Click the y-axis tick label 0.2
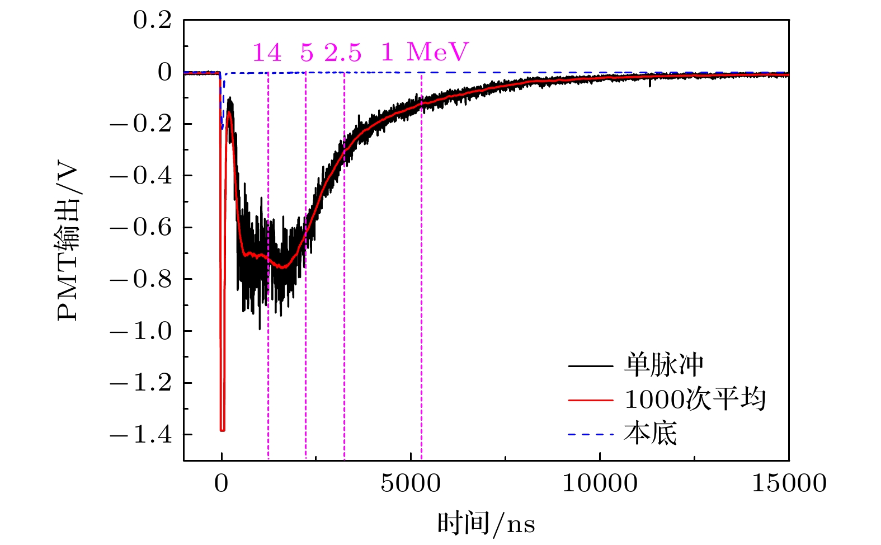point(152,21)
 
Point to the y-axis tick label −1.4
point(140,435)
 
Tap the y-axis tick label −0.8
point(140,279)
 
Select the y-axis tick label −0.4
point(140,176)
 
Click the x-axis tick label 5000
point(411,483)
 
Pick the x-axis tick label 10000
point(599,483)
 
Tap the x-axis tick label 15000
point(789,483)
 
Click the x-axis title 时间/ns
point(486,524)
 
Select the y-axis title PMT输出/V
point(69,242)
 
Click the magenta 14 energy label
point(267,53)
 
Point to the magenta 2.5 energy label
point(343,53)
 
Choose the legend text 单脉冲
point(664,365)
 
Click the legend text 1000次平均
point(695,400)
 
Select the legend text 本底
point(651,434)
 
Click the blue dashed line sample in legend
point(591,434)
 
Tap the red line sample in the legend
point(591,400)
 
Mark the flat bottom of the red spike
point(222,430)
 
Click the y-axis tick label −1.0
point(140,331)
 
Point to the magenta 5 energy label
point(307,53)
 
